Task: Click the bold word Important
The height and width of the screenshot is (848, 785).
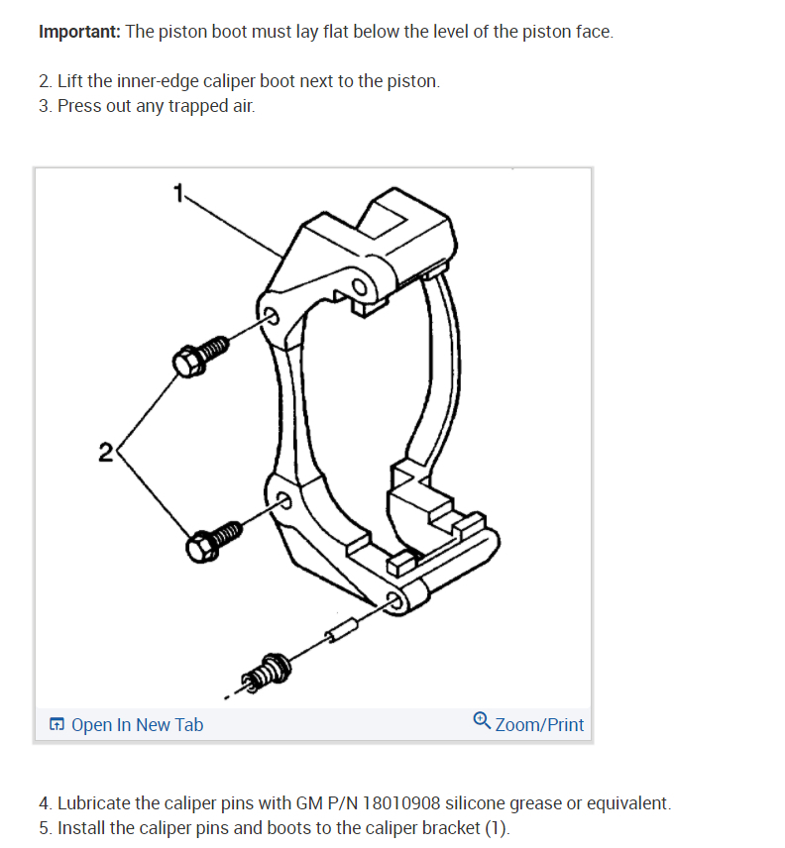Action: click(x=79, y=32)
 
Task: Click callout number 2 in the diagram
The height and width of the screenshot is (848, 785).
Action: click(x=105, y=454)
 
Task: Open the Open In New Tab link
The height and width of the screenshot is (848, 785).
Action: click(x=137, y=725)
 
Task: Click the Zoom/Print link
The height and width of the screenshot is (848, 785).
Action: click(x=539, y=725)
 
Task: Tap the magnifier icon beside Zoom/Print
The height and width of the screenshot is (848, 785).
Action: click(x=482, y=720)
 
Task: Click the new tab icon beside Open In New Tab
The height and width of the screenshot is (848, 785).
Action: click(x=57, y=725)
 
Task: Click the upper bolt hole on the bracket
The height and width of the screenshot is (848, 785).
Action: click(x=271, y=316)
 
